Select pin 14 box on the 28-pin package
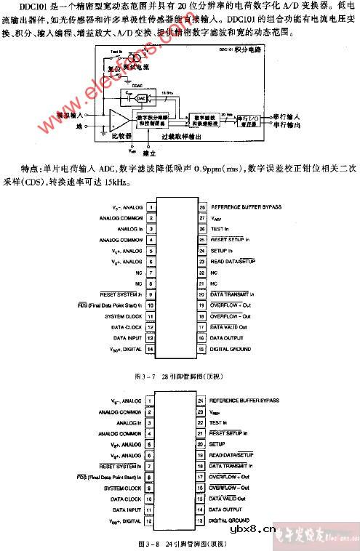(149, 350)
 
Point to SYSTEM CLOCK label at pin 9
(123, 488)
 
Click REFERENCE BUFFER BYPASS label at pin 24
(244, 401)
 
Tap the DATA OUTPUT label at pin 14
(228, 510)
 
